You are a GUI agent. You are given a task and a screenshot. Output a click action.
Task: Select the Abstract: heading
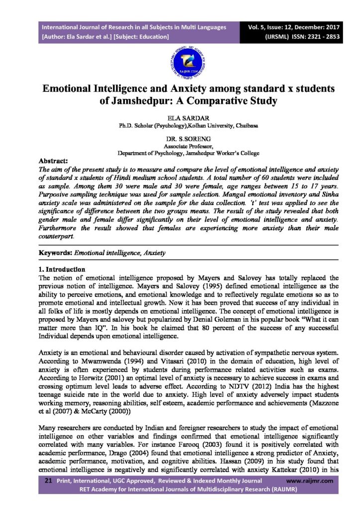coord(53,161)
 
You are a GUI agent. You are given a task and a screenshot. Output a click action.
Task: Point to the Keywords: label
coord(56,253)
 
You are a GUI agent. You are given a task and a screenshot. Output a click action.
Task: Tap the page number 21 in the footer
coord(48,481)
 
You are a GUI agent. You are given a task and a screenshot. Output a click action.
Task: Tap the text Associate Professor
coord(180,147)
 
